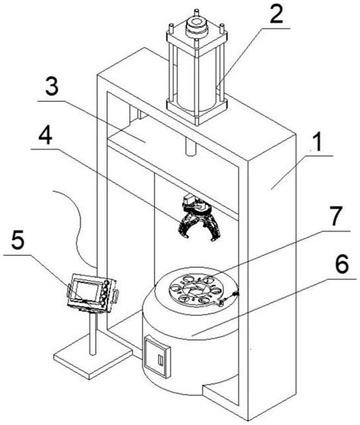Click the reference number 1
coord(317,142)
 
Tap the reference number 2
coord(276,14)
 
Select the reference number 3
coord(52,86)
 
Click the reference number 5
coord(18,240)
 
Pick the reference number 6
coord(342,264)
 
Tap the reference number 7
coord(336,216)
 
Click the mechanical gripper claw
coord(200,217)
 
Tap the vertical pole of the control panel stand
coord(93,333)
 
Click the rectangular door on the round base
coord(157,356)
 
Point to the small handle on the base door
coord(160,361)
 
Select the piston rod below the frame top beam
coord(191,146)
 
